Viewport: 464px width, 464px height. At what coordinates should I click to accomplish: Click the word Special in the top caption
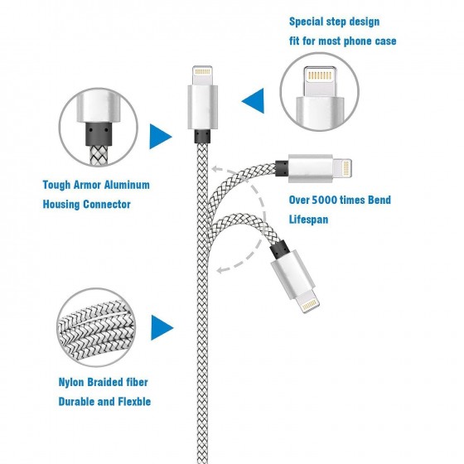point(306,22)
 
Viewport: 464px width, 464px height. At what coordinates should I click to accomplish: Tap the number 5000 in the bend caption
point(325,200)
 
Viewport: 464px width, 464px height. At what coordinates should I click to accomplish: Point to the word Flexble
point(134,402)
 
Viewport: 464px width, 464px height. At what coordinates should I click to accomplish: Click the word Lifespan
point(308,220)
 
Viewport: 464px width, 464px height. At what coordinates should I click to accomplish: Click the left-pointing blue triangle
point(253,100)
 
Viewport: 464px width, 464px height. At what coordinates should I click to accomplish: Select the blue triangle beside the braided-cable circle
point(162,327)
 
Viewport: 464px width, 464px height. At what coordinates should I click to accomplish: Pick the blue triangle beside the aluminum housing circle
point(161,136)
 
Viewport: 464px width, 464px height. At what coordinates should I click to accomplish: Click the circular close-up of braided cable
point(96,327)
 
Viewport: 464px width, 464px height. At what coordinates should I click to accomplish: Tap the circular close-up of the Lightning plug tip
point(320,92)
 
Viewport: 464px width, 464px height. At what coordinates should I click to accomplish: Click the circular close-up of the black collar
point(99,128)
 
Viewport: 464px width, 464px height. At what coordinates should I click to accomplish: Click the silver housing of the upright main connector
point(203,107)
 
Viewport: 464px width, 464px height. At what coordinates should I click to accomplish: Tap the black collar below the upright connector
point(202,136)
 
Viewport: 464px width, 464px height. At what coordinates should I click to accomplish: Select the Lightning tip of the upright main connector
point(203,75)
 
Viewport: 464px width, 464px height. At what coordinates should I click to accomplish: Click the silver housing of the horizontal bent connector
point(311,168)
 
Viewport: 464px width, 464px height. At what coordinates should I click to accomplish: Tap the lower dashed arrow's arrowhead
point(221,269)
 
